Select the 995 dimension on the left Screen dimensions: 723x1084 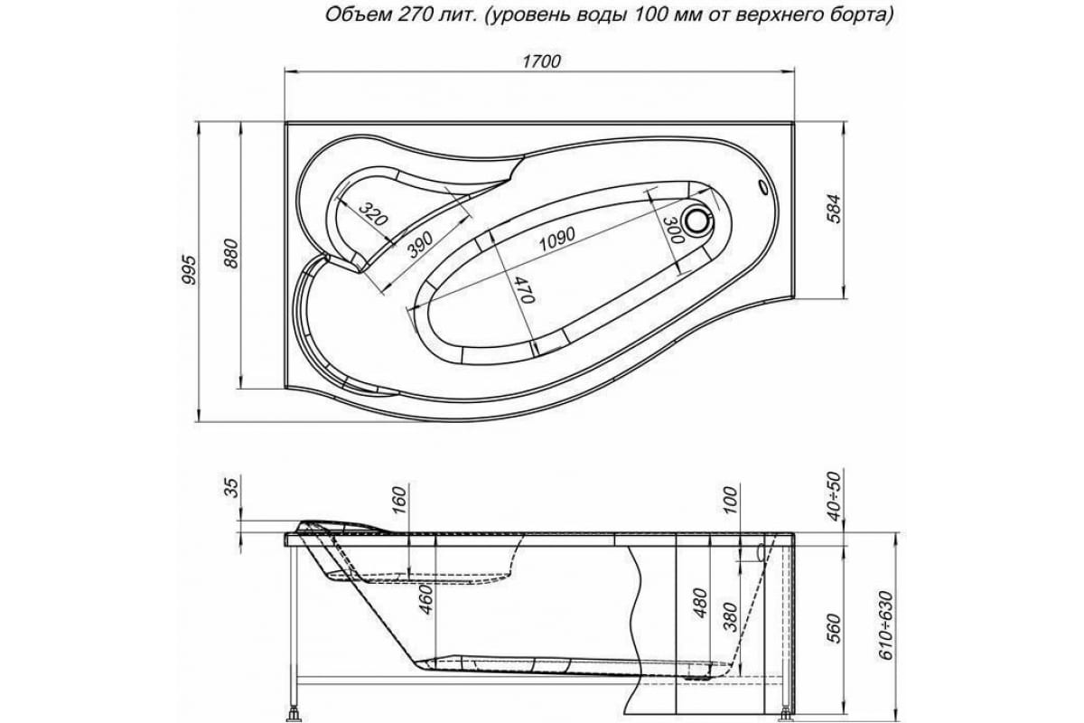[x=189, y=271]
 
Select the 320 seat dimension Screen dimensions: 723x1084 [x=370, y=214]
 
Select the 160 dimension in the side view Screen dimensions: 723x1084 [x=400, y=497]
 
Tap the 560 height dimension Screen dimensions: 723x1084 [x=833, y=625]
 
